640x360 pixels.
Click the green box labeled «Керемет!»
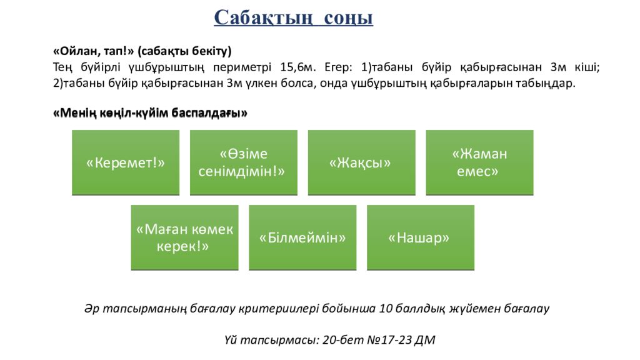126,162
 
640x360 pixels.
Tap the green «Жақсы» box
360,162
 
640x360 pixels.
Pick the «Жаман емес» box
479,162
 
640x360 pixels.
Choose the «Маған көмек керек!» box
184,237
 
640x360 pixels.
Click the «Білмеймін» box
302,237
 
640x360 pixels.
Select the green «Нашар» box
419,237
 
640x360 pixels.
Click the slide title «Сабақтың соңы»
293,17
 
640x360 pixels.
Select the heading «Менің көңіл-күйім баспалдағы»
151,113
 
